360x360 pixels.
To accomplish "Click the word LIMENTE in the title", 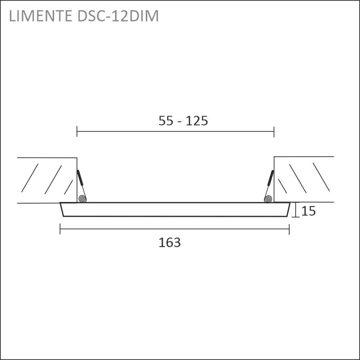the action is (40, 16).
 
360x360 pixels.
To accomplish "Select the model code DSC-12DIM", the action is (118, 16).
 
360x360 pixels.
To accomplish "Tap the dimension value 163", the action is (170, 243).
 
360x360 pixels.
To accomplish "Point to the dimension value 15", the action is (308, 211).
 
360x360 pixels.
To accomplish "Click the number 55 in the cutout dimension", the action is (166, 121).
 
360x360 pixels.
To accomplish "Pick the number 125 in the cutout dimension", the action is (197, 121).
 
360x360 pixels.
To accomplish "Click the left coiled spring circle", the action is (82, 198).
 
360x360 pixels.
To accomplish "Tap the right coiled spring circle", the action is (268, 198).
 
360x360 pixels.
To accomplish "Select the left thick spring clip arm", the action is (80, 177).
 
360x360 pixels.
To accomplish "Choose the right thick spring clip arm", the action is (271, 178).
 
